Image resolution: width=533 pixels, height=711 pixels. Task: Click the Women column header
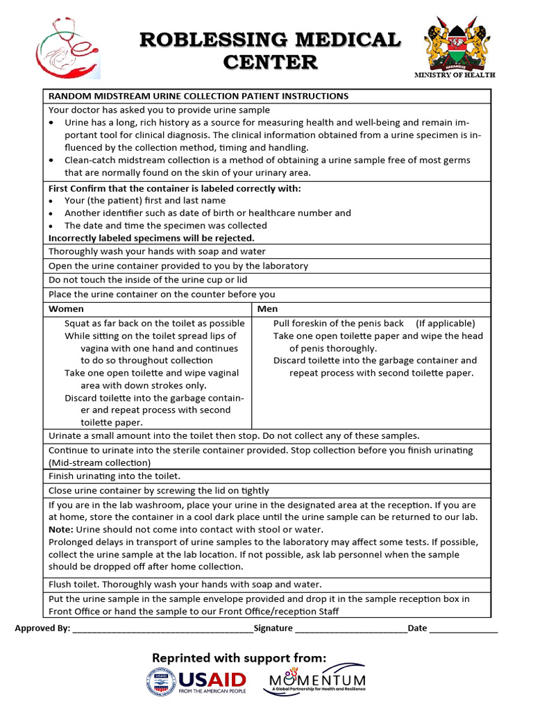point(66,308)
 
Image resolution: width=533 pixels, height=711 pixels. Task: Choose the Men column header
point(267,308)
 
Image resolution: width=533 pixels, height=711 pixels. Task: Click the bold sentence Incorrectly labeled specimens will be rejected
point(151,237)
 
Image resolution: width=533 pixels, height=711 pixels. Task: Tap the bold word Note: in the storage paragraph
point(60,529)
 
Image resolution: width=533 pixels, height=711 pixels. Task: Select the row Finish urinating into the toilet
point(114,476)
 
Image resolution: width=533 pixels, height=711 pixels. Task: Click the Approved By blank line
point(162,629)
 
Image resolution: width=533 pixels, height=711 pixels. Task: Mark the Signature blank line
point(350,629)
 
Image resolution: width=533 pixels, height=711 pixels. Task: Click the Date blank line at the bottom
point(464,629)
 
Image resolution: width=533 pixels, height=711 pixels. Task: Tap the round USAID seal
point(161,682)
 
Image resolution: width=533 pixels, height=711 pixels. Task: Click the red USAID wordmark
point(212,678)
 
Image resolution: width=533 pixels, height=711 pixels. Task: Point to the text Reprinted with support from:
point(239,657)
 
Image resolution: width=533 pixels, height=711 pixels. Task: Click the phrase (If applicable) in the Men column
point(446,323)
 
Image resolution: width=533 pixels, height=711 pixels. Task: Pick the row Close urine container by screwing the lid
point(158,490)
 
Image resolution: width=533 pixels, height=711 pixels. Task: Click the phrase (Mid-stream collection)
point(99,462)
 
